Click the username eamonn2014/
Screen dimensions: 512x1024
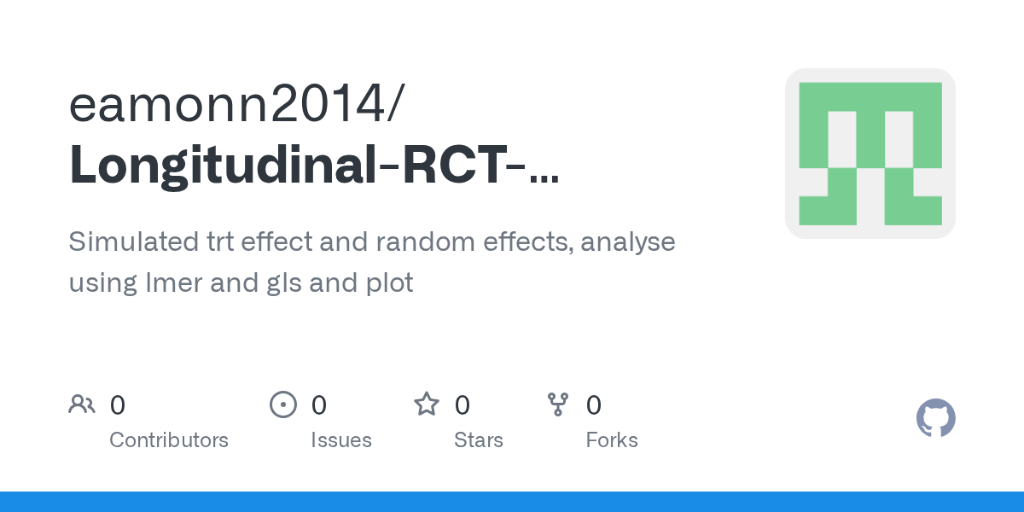pos(237,105)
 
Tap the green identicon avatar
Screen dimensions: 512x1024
pos(870,154)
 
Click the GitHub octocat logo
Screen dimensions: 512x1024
pos(935,418)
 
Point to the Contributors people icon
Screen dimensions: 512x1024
pos(82,404)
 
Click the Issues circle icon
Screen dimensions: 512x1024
pos(282,404)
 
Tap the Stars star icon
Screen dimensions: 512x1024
pos(426,404)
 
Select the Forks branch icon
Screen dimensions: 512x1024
pos(557,404)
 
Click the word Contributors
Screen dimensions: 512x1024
pos(169,440)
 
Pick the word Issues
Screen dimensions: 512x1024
pos(341,440)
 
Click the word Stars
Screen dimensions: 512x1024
pos(479,440)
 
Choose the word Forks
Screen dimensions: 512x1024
pos(612,440)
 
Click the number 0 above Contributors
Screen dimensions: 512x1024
pos(118,405)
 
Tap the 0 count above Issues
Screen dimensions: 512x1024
pos(319,405)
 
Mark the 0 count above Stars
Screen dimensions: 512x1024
pos(463,405)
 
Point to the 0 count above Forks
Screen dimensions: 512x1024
pos(594,405)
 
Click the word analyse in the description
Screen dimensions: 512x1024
pos(628,242)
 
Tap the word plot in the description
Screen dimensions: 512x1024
pos(386,282)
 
